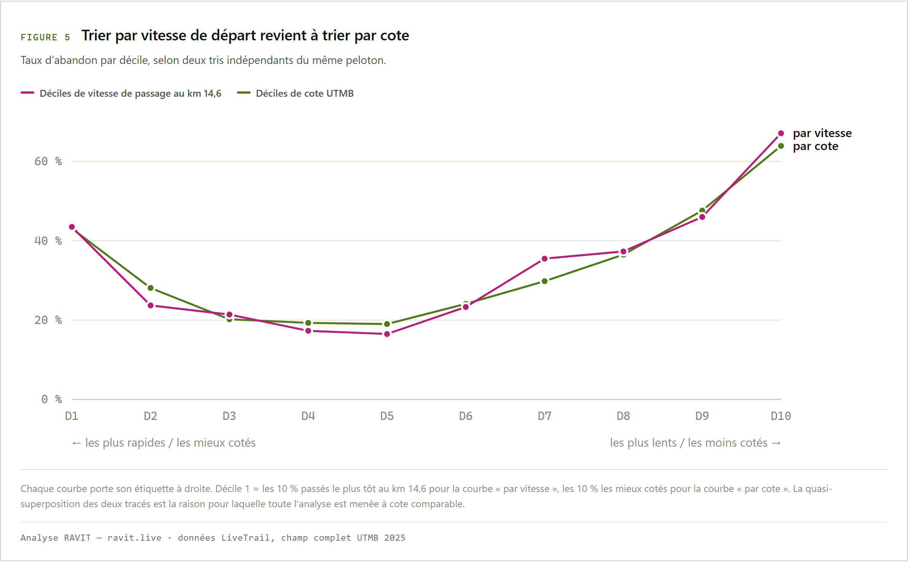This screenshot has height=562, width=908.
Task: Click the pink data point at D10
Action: [781, 133]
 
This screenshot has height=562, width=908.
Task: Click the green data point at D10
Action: [781, 146]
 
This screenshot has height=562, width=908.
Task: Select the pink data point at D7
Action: [545, 259]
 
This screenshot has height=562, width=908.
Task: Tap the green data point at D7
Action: [545, 281]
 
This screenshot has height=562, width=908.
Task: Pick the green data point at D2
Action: [150, 288]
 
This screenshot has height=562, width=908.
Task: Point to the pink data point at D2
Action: [150, 305]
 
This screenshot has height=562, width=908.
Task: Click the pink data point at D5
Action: [387, 334]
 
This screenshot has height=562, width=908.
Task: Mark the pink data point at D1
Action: [72, 227]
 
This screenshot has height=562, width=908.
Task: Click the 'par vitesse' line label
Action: [822, 133]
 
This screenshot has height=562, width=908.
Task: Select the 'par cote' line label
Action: [815, 146]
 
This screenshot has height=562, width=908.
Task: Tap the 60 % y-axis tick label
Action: [48, 161]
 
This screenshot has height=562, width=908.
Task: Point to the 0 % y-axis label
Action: [51, 399]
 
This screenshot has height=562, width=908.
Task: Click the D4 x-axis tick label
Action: [308, 416]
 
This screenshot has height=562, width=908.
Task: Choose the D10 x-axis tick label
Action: [781, 416]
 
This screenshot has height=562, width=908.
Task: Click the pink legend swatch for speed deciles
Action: [27, 93]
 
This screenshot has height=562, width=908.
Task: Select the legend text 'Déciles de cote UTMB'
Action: [305, 93]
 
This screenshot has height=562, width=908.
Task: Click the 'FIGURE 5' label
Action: [45, 37]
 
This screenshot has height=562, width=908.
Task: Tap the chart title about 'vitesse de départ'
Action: [245, 35]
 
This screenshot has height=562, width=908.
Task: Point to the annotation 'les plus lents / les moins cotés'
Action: [689, 442]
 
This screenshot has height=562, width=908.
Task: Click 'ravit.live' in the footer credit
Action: [134, 538]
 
